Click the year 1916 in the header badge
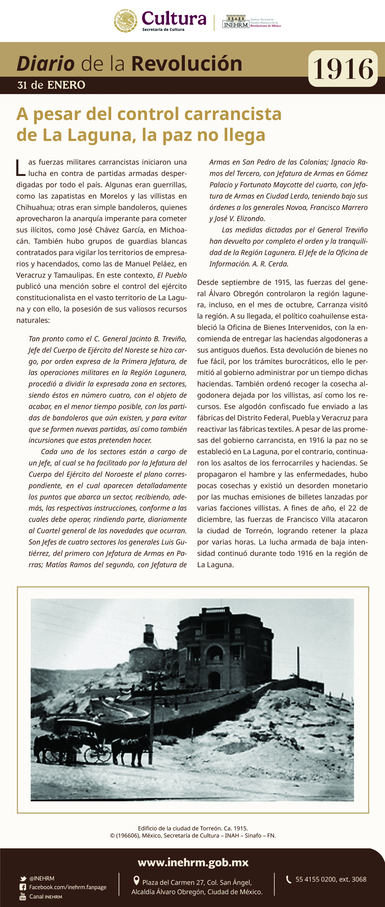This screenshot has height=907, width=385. (343, 69)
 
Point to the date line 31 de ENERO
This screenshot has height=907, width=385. (51, 85)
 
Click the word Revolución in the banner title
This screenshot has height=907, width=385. (187, 64)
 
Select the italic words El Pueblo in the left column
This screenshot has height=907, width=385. (172, 275)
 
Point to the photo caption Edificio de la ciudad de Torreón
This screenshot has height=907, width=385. (193, 828)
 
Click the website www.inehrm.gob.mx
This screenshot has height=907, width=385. (193, 863)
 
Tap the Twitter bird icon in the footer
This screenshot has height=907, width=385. (23, 878)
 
